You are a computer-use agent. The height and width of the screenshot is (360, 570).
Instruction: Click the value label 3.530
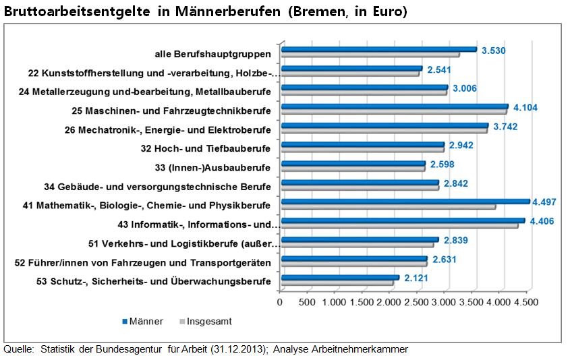(493, 51)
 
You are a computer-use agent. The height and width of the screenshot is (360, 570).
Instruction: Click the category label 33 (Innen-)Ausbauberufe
(212, 167)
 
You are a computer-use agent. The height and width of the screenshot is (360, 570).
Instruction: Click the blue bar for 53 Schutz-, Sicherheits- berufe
(340, 277)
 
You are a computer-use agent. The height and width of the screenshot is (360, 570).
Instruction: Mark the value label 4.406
(541, 221)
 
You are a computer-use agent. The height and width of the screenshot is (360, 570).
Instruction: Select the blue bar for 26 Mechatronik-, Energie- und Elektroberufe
(384, 125)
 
